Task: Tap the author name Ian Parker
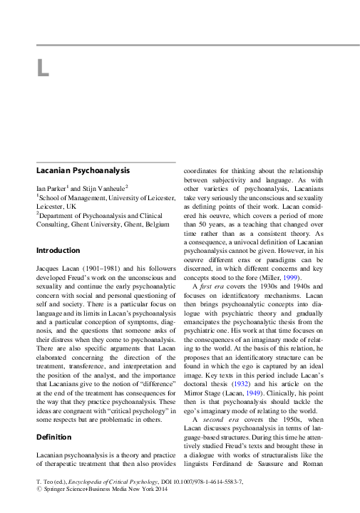[x=56, y=188]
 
